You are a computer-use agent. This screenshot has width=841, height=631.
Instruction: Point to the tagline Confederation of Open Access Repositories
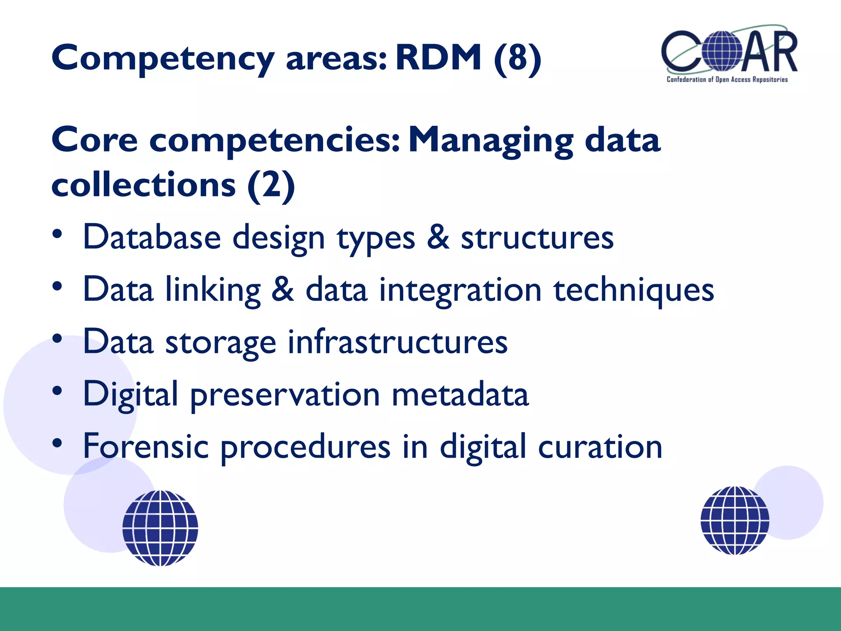pos(727,80)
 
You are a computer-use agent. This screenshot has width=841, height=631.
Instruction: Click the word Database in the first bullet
pos(152,237)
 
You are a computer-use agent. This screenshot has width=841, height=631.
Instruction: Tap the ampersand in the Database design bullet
pos(438,237)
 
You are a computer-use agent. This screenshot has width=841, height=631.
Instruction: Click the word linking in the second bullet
pos(213,290)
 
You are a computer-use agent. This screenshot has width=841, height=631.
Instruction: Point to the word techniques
pos(634,290)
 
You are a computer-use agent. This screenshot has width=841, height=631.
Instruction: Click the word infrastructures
pos(398,342)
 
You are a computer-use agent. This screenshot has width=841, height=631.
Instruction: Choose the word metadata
pos(460,394)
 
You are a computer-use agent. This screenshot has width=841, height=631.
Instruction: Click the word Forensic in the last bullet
pos(146,447)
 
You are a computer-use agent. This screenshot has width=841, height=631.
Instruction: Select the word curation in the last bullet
pos(600,447)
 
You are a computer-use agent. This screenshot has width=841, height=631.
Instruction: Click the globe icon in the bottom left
pos(160,528)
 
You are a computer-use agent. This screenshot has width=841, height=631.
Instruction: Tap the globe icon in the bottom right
pos(735,520)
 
